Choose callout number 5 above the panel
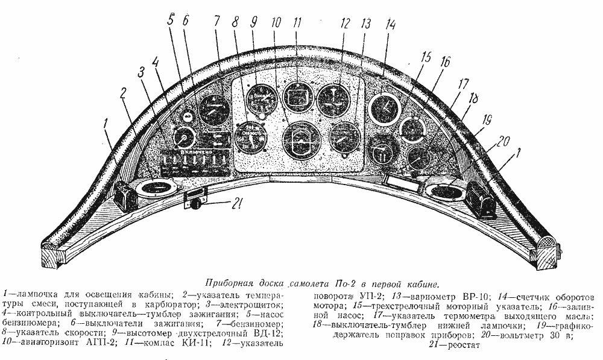(x=171, y=20)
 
